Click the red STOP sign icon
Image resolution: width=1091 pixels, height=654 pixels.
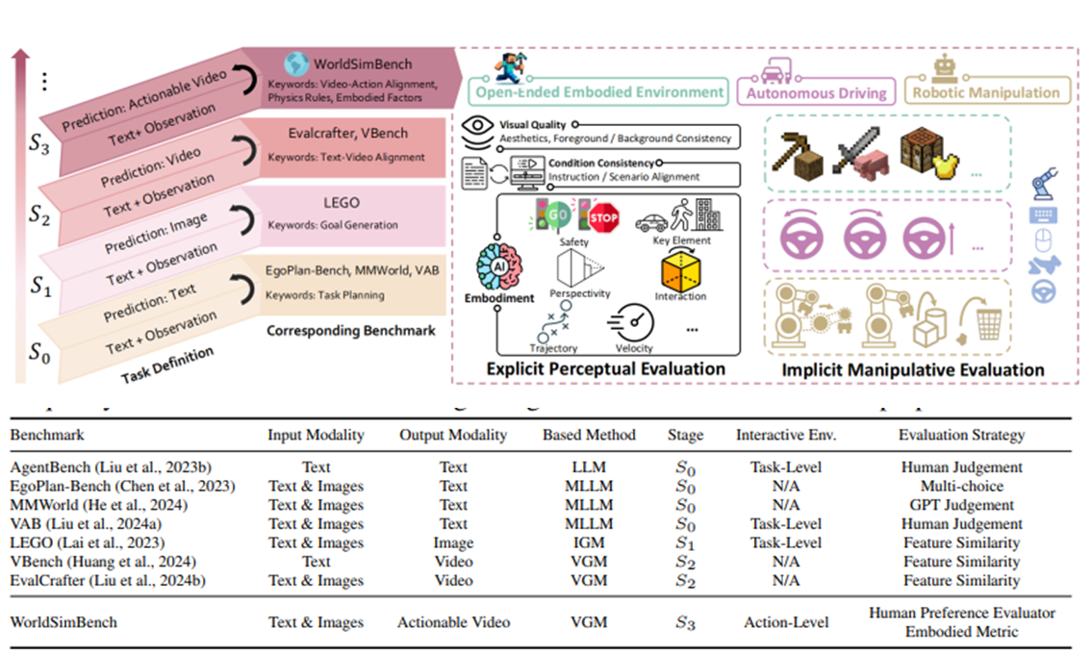pos(602,215)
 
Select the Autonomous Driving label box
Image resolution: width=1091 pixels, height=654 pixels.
pos(811,93)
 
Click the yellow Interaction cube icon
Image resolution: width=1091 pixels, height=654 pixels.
pos(679,271)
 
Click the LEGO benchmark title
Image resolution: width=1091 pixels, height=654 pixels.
pos(336,203)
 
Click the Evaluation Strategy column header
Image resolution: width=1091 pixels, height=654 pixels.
pos(961,435)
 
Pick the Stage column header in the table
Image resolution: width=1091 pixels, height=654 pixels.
pos(685,435)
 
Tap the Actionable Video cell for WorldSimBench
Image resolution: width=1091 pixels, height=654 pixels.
pos(453,622)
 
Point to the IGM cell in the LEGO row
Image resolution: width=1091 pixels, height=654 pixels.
pos(588,542)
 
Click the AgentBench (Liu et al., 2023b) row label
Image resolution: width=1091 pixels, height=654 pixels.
pos(99,467)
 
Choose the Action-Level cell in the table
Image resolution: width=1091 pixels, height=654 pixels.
pos(786,622)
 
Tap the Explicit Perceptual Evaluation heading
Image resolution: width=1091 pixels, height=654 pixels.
pos(606,368)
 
